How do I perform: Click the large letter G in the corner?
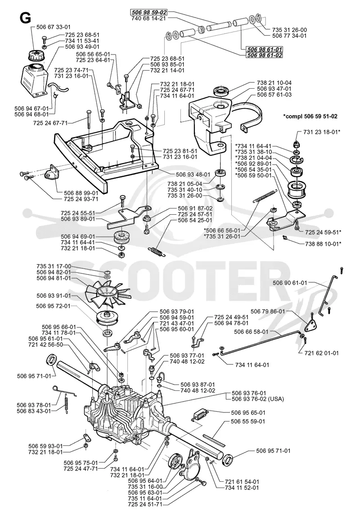point(25,18)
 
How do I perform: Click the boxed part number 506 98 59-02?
point(149,13)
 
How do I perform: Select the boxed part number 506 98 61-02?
point(265,55)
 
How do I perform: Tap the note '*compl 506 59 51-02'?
point(310,116)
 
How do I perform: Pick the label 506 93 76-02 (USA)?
point(258,399)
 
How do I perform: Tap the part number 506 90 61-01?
point(290,283)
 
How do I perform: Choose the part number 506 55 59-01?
point(248,421)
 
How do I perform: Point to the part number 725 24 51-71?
point(145,504)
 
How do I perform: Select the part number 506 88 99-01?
point(81,193)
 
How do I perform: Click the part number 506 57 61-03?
point(274,95)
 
